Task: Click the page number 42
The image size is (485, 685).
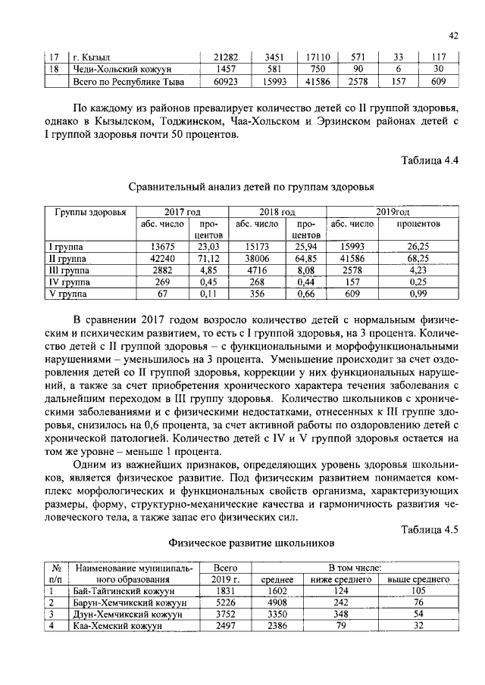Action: (453, 35)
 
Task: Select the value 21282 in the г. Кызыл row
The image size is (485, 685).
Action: (227, 57)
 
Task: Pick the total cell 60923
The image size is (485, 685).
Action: (227, 81)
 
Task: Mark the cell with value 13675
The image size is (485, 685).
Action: (163, 246)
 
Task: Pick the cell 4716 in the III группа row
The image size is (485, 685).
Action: (258, 269)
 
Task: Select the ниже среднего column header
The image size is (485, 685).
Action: (341, 579)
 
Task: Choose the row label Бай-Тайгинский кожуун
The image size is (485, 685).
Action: (123, 590)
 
